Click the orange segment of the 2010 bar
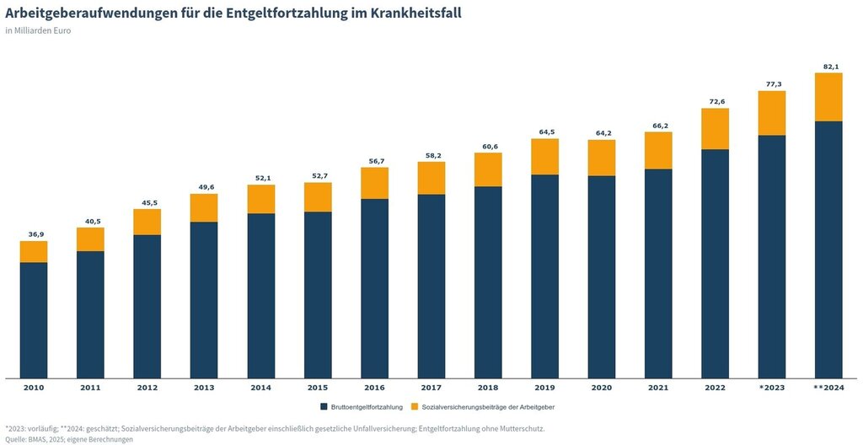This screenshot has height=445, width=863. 34,252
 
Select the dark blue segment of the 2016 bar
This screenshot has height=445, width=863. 374,288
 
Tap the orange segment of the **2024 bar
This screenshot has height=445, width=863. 828,97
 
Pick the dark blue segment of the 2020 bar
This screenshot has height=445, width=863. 602,277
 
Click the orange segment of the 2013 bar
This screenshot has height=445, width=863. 204,208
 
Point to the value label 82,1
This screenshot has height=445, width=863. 828,67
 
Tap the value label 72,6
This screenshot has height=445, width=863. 715,102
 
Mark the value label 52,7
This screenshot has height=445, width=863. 318,176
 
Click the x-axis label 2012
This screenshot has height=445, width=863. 147,388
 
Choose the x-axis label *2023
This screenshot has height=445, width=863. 772,388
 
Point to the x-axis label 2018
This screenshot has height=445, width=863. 488,388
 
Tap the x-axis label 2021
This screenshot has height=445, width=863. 658,388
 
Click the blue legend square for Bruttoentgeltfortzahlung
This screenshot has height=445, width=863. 324,407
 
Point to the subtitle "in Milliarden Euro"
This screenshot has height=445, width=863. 38,31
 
